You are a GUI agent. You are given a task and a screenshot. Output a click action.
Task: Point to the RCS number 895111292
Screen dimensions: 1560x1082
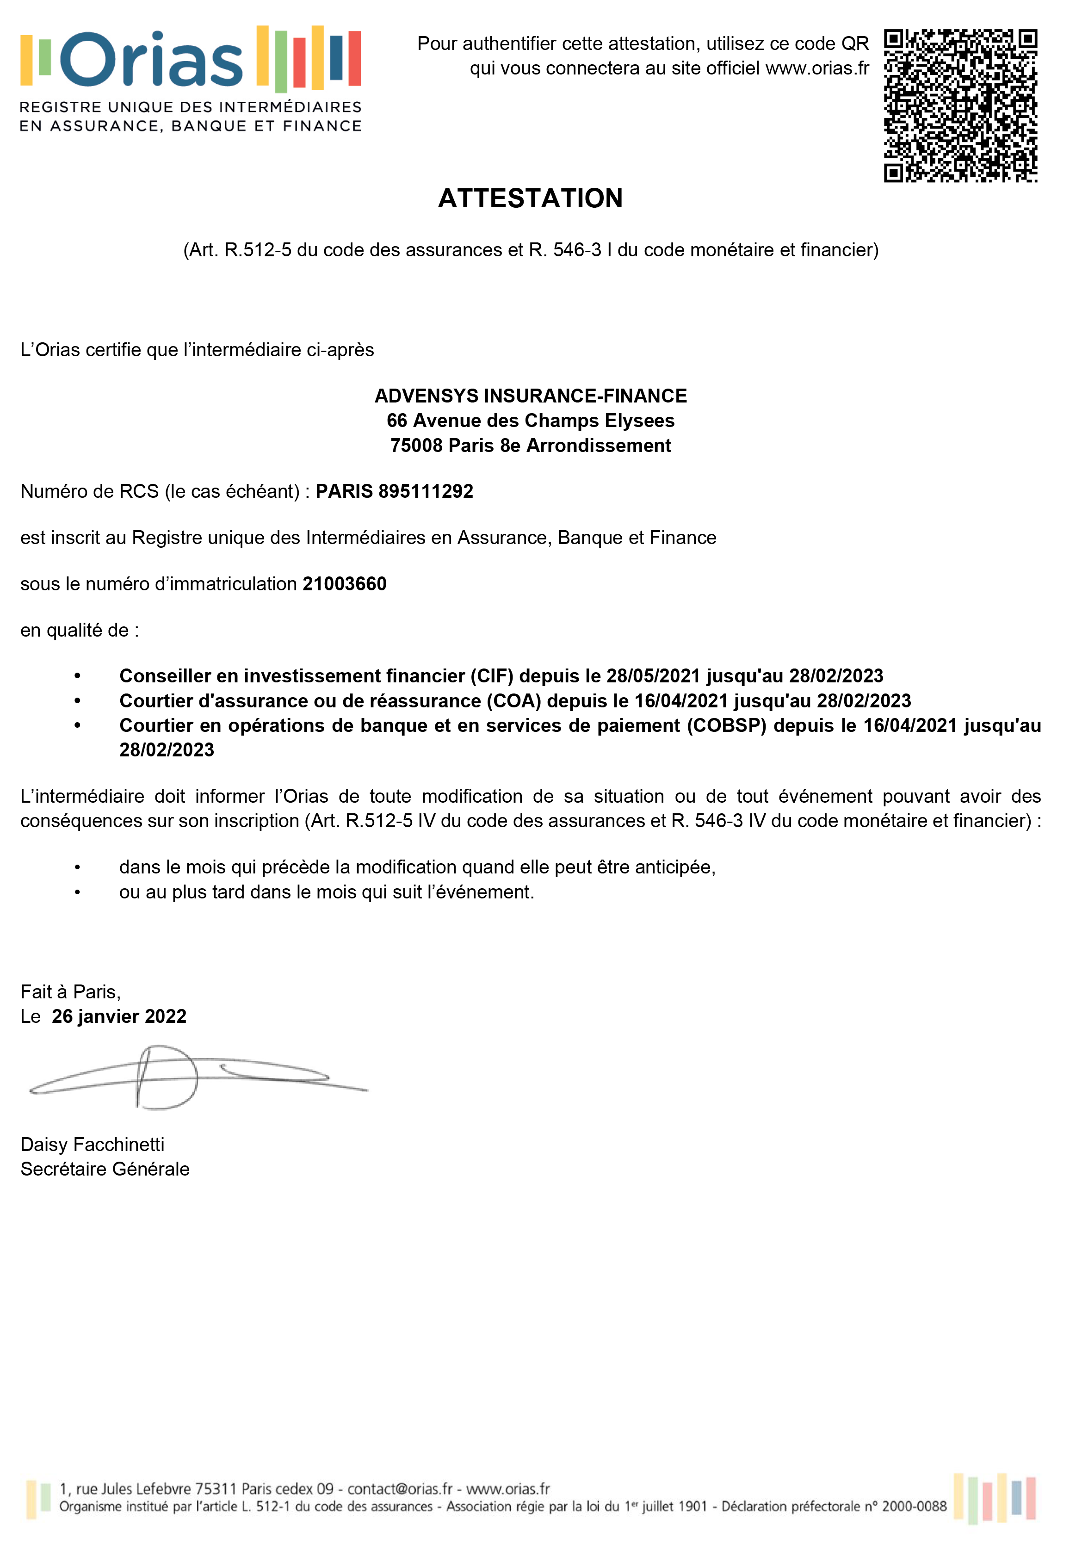[426, 491]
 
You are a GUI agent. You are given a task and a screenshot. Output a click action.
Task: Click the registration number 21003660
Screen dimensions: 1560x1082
[344, 584]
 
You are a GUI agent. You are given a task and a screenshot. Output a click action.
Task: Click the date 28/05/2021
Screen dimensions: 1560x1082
[653, 676]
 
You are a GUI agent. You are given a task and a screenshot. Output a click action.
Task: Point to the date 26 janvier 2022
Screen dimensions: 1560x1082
[119, 1016]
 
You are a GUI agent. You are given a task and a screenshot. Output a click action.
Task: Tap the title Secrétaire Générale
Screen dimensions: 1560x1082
[105, 1169]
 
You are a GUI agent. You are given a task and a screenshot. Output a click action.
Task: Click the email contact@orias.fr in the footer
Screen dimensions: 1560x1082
[400, 1489]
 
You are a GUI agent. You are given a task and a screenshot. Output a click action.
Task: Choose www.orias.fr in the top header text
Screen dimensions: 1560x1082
[817, 68]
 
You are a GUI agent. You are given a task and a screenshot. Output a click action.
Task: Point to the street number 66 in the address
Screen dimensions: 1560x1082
[396, 421]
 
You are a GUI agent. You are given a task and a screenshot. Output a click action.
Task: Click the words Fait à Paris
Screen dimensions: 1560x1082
[70, 992]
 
